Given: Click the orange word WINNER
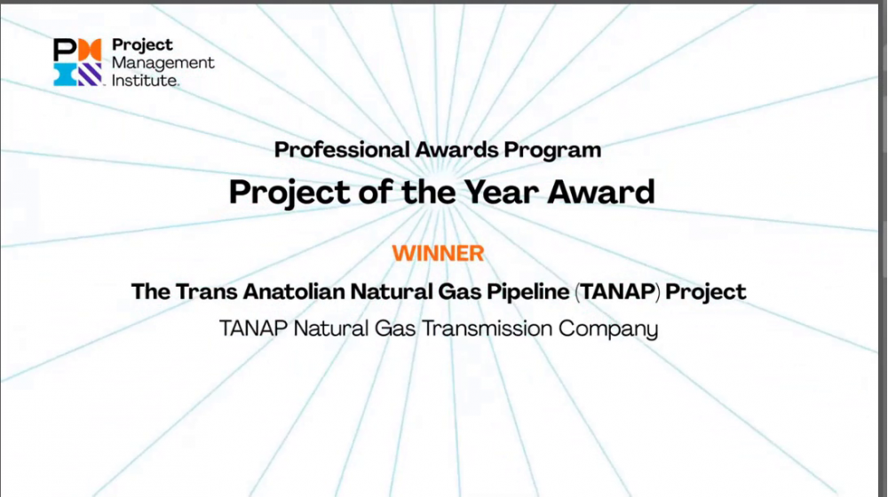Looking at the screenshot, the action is [438, 253].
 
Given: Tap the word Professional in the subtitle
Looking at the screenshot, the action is [342, 150].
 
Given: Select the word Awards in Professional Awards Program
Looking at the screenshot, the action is [456, 150].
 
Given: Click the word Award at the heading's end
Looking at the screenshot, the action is [601, 192].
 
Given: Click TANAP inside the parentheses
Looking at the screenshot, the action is [617, 291].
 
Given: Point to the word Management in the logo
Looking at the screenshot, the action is [163, 63].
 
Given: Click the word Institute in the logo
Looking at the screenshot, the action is [145, 81].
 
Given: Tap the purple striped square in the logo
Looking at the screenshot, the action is [90, 75].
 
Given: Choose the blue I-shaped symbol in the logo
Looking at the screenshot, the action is [65, 75].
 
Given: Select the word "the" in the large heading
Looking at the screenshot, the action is [428, 192].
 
